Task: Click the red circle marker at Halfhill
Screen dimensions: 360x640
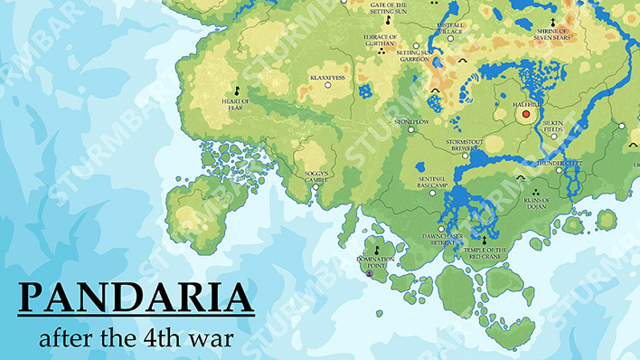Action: [527, 114]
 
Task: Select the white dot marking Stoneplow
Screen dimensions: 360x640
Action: [410, 130]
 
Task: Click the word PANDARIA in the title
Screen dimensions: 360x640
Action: [136, 298]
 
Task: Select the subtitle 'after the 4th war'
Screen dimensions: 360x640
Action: [136, 338]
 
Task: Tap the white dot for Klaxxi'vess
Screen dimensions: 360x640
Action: [328, 85]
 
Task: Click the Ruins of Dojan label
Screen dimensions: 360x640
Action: [536, 206]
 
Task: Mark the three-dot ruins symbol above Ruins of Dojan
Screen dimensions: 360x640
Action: [536, 193]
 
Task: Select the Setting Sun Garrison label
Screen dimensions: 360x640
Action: [416, 56]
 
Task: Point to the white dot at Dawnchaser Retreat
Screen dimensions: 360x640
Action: [440, 228]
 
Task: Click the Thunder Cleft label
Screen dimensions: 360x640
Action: [559, 164]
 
